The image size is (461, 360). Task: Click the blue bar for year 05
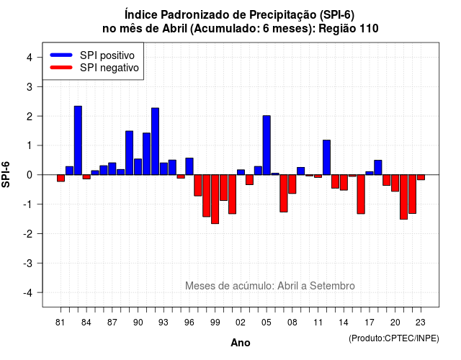267,145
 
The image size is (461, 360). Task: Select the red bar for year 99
215,199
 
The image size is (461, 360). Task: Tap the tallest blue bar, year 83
78,140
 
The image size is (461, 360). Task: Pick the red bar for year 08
292,184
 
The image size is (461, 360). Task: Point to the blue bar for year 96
189,166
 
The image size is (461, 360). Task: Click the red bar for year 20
395,183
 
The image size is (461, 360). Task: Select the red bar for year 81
61,178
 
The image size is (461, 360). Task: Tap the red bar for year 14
344,182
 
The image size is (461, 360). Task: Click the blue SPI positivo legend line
61,55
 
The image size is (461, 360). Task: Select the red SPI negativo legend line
61,68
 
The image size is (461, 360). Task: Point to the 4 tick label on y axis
30,58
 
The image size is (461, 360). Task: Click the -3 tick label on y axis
27,263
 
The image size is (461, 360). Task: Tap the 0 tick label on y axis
30,175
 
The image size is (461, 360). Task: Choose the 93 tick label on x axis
164,323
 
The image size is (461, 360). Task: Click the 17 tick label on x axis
370,323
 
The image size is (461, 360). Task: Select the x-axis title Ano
241,343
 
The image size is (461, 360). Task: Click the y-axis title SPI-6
6,174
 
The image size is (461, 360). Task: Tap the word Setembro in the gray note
332,286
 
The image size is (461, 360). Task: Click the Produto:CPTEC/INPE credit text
394,338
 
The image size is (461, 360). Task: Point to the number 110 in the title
369,29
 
